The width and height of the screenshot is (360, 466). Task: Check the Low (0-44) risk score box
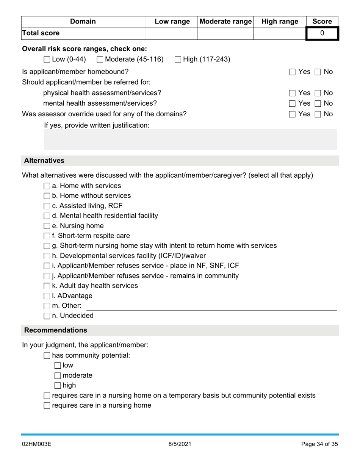pyautogui.click(x=47, y=59)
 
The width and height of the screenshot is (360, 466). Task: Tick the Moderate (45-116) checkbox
pyautogui.click(x=100, y=59)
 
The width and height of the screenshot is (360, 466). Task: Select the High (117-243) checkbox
pyautogui.click(x=178, y=59)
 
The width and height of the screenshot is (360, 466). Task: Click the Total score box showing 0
pyautogui.click(x=322, y=33)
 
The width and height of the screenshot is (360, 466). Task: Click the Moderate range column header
pyautogui.click(x=225, y=22)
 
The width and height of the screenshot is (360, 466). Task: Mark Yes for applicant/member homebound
pyautogui.click(x=292, y=72)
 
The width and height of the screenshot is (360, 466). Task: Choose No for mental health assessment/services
pyautogui.click(x=318, y=103)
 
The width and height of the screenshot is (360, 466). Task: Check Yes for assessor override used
pyautogui.click(x=292, y=114)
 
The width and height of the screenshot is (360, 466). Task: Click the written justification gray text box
pyautogui.click(x=190, y=139)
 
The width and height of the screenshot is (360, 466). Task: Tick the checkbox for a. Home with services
pyautogui.click(x=47, y=186)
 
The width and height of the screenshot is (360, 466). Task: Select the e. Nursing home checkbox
pyautogui.click(x=47, y=226)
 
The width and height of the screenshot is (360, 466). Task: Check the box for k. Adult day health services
pyautogui.click(x=47, y=286)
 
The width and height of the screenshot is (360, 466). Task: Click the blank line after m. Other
pyautogui.click(x=211, y=306)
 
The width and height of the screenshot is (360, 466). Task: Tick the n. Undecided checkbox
pyautogui.click(x=47, y=316)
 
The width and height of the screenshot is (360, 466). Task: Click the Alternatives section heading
pyautogui.click(x=44, y=161)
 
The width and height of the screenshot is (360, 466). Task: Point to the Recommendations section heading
pyautogui.click(x=56, y=330)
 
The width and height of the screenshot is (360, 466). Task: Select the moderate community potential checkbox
pyautogui.click(x=58, y=376)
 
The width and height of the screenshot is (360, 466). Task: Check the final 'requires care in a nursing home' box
pyautogui.click(x=47, y=406)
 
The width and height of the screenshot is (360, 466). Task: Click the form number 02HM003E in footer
pyautogui.click(x=36, y=444)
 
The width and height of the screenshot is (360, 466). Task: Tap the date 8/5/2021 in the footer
pyautogui.click(x=180, y=444)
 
